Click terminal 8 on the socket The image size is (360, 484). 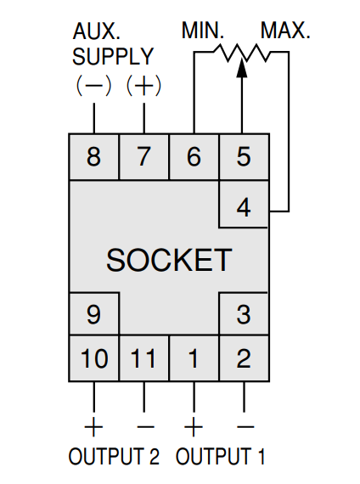coord(94,156)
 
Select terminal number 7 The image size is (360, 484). coord(143,156)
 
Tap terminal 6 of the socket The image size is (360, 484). coord(194,156)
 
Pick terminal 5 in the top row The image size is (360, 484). coord(244,156)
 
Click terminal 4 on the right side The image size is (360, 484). coord(244,205)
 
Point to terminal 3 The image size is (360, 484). coord(244,313)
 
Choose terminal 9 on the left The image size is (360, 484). coord(94,313)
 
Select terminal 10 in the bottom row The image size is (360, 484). coord(94,358)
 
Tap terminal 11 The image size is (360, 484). coord(143,358)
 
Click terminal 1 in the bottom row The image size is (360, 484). coord(194,358)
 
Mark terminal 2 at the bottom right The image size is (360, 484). coord(244,358)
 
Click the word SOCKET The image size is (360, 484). coord(169,260)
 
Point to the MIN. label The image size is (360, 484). coord(203,31)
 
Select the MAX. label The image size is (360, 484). coord(285,31)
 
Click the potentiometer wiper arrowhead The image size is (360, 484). coord(242,68)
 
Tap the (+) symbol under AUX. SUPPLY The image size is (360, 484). coord(143,85)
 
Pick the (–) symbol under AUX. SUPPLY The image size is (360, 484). coord(93,85)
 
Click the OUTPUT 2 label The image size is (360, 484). coord(114,456)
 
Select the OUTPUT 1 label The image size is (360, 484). coord(220,456)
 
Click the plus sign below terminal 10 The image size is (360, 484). coord(93,426)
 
